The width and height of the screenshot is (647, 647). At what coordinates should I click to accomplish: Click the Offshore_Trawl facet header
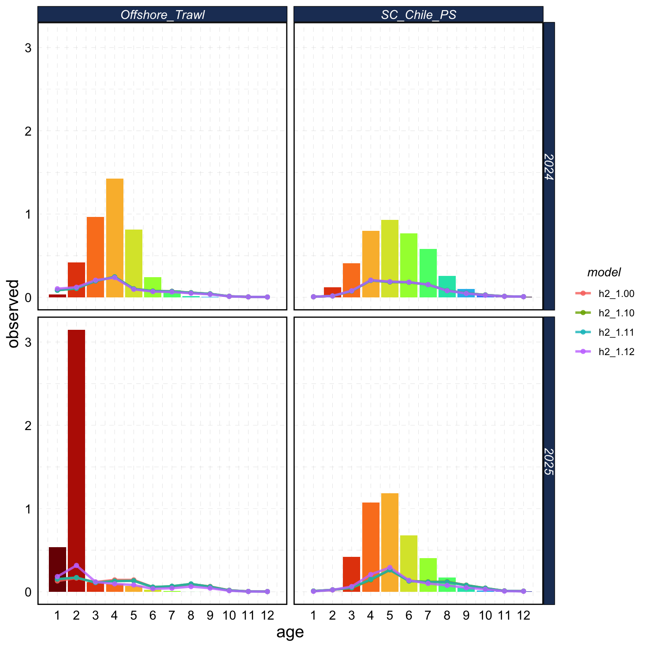[162, 15]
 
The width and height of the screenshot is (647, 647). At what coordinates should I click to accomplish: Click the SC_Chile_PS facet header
[418, 15]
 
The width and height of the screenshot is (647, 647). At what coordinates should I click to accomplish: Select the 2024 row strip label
[549, 166]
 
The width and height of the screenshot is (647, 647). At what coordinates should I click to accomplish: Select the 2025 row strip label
[549, 461]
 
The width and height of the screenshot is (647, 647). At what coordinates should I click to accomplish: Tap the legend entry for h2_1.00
[616, 294]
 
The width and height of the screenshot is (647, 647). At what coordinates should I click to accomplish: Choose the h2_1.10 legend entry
[616, 313]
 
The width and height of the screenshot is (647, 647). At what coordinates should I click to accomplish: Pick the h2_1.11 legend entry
[616, 332]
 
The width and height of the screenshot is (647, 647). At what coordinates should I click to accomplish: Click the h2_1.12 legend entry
[616, 352]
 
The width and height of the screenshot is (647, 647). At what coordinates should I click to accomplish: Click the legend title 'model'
[604, 273]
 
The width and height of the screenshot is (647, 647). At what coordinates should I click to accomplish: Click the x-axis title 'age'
[290, 632]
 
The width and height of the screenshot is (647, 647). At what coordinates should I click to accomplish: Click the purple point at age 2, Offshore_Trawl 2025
[76, 565]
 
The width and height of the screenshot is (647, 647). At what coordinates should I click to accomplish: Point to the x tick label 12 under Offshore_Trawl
[267, 616]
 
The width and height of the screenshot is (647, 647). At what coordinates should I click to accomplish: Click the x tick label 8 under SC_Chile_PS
[447, 616]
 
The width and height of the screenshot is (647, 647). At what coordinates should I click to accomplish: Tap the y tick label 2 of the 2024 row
[28, 131]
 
